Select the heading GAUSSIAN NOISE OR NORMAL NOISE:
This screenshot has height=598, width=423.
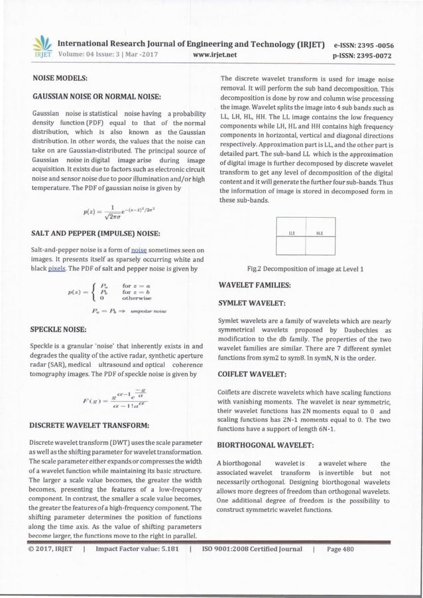tap(99, 96)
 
